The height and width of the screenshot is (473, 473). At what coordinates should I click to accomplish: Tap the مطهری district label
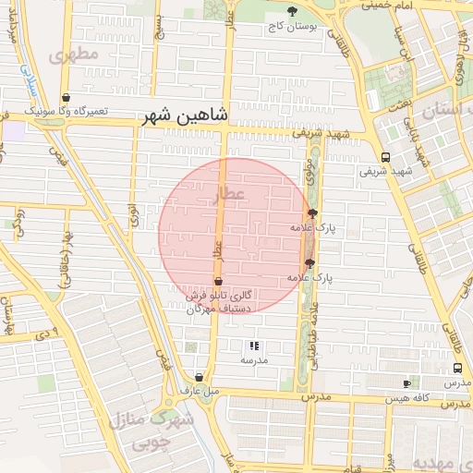(75, 55)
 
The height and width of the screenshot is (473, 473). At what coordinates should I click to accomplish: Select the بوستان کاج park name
(292, 27)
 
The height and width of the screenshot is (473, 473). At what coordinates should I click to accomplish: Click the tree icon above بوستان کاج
(293, 11)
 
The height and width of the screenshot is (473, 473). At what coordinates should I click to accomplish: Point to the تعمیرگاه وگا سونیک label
(66, 111)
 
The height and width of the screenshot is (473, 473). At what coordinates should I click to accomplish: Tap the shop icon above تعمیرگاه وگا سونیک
(66, 97)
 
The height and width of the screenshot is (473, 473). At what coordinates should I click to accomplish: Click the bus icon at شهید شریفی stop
(384, 156)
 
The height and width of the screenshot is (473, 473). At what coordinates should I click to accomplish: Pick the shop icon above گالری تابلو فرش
(219, 281)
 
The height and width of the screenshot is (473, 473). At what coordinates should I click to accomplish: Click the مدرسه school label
(254, 360)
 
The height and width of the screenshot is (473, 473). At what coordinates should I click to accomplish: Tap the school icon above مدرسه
(254, 346)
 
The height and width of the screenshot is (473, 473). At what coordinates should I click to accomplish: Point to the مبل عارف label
(200, 391)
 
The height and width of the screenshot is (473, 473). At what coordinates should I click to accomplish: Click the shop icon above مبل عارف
(200, 377)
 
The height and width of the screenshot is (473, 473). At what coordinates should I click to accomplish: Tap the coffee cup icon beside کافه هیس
(406, 383)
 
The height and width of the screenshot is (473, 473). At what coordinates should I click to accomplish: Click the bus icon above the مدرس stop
(457, 368)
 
